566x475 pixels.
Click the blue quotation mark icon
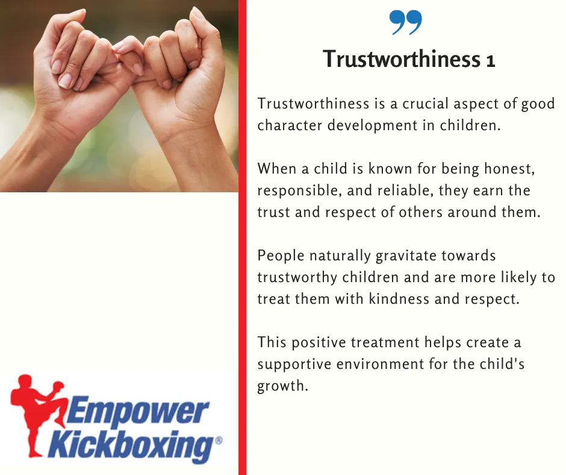tap(405, 22)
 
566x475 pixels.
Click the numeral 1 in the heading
tap(490, 60)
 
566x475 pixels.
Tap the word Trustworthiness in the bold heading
tap(402, 59)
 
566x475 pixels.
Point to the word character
tap(290, 125)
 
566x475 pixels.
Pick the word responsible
tap(299, 191)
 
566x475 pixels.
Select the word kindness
tap(399, 299)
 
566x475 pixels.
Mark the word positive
tap(319, 343)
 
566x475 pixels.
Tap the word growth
tap(282, 386)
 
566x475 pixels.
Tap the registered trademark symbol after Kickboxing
tap(219, 441)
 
